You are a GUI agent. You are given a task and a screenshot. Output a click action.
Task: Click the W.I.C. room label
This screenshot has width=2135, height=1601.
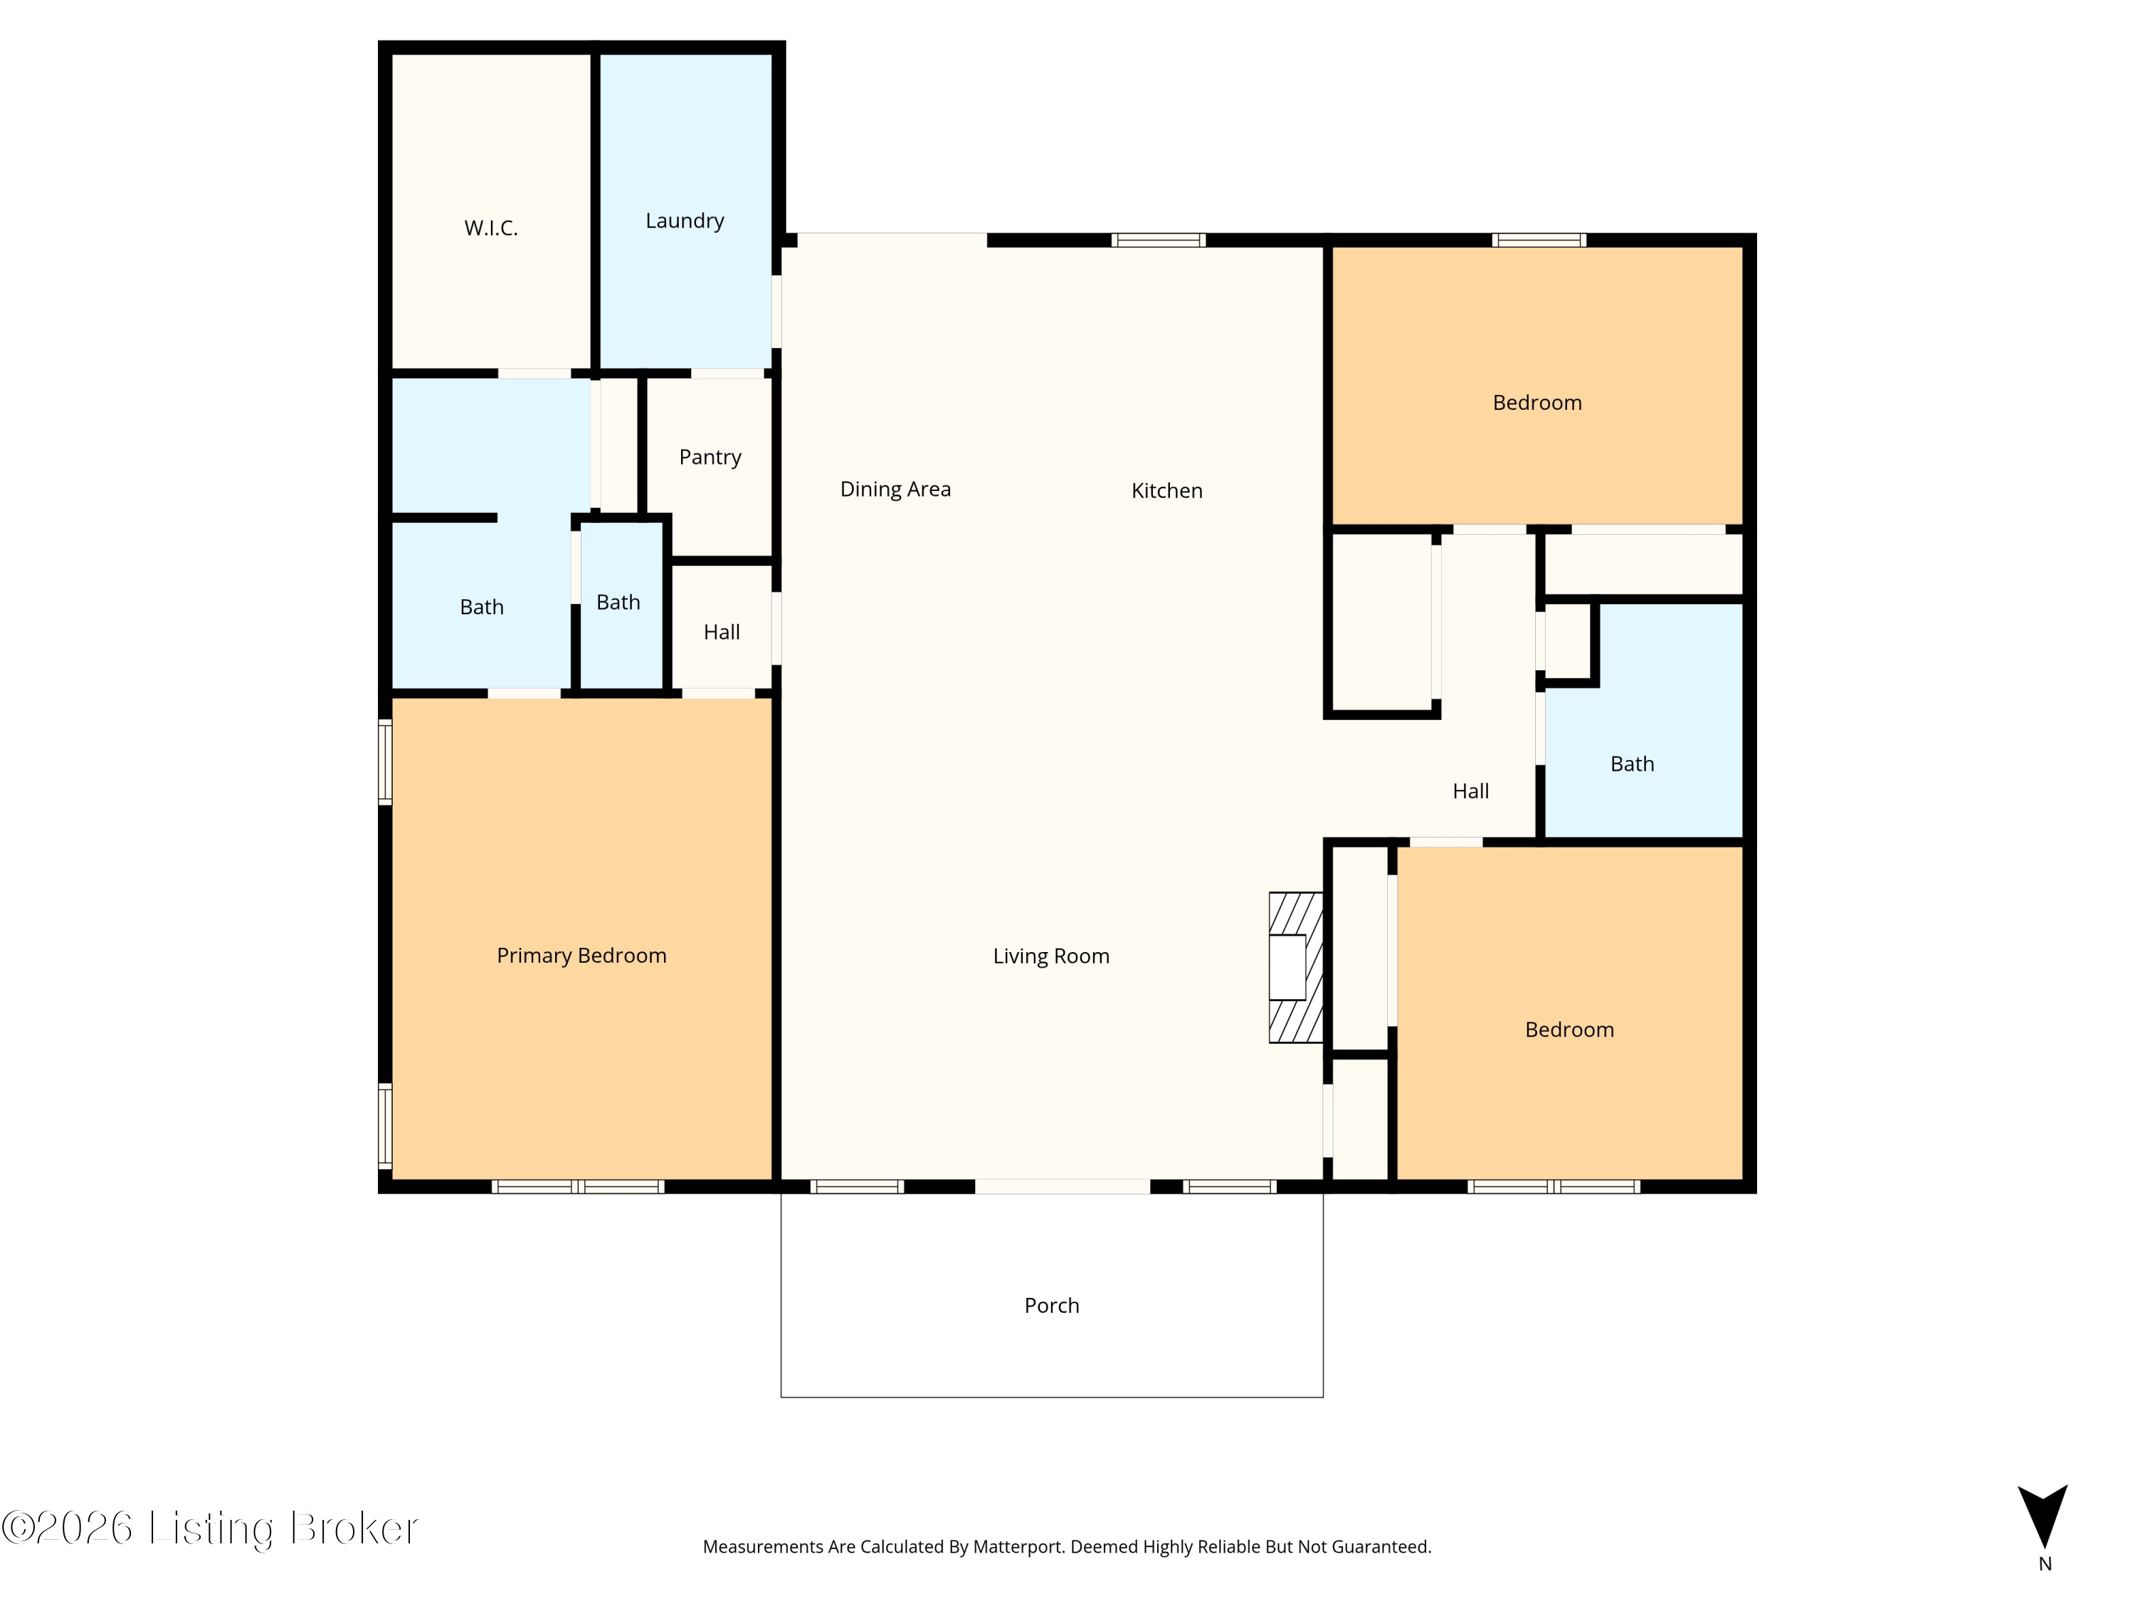click(490, 228)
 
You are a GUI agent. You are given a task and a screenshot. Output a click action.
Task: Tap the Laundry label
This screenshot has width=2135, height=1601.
click(685, 221)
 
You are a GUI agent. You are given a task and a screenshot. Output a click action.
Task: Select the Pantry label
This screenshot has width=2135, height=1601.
click(710, 458)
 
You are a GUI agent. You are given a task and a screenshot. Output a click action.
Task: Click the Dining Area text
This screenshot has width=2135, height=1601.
click(895, 490)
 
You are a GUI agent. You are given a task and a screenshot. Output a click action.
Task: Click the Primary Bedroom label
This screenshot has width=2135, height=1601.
click(581, 956)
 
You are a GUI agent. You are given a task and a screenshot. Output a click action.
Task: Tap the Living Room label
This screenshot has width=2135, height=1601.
click(1051, 956)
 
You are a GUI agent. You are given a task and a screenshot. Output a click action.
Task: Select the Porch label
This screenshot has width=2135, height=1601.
click(1051, 1306)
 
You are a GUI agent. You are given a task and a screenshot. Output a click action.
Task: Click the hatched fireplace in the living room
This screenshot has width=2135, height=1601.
click(1295, 967)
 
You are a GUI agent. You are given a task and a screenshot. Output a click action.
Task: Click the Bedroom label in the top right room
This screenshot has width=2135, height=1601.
click(1536, 403)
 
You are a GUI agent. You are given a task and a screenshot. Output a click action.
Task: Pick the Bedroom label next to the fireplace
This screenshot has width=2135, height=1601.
click(1569, 1030)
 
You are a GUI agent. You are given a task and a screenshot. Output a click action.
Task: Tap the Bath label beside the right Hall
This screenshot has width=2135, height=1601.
click(1631, 764)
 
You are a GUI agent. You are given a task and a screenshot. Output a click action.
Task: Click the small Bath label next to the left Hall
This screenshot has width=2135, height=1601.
click(618, 602)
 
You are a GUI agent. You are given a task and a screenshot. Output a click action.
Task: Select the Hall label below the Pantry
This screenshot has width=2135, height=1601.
click(721, 632)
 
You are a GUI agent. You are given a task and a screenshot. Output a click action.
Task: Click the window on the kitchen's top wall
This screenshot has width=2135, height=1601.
click(1158, 241)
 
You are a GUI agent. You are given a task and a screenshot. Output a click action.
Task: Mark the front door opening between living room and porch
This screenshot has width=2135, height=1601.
click(1062, 1187)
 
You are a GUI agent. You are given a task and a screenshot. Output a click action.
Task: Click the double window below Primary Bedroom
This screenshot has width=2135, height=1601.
click(577, 1187)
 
